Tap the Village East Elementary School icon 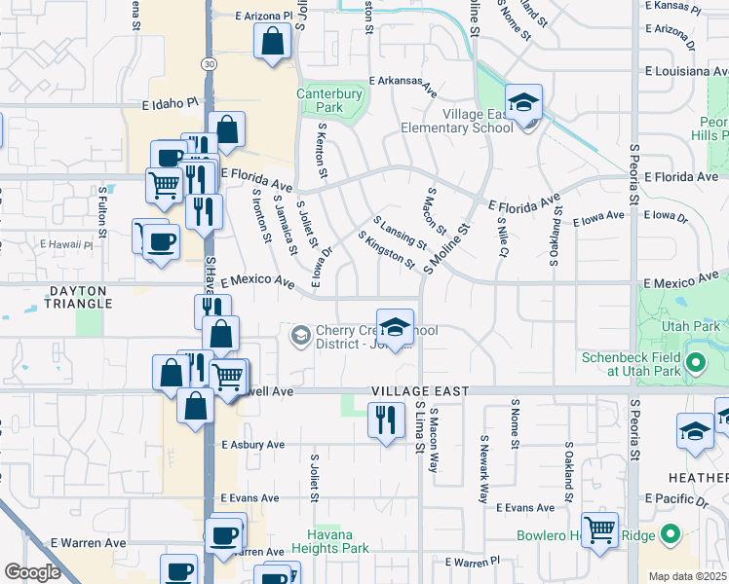pyautogui.click(x=523, y=102)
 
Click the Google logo pyautogui.click(x=32, y=572)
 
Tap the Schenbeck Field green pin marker pyautogui.click(x=695, y=365)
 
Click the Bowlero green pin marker pyautogui.click(x=670, y=534)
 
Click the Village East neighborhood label pyautogui.click(x=420, y=391)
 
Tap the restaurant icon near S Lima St pyautogui.click(x=386, y=420)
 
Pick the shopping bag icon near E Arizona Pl pyautogui.click(x=272, y=42)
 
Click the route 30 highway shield pyautogui.click(x=209, y=63)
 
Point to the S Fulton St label pyautogui.click(x=102, y=211)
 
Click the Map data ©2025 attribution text pyautogui.click(x=685, y=576)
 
